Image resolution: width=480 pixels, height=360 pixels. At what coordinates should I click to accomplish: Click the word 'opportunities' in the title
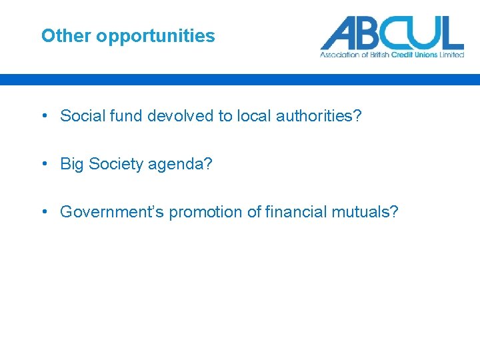coord(155,36)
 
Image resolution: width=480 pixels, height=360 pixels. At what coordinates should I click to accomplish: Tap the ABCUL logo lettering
coord(391,33)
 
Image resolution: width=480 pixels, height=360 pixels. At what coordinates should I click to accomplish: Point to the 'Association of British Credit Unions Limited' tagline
coord(391,55)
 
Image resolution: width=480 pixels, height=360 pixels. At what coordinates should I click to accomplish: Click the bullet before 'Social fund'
coord(43,116)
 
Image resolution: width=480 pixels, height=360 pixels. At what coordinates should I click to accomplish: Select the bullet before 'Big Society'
coord(43,164)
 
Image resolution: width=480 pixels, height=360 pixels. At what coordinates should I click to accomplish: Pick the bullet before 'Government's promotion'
coord(43,212)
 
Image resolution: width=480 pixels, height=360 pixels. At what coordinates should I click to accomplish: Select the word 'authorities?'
coord(319,116)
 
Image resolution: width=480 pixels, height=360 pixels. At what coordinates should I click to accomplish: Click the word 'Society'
coord(115,164)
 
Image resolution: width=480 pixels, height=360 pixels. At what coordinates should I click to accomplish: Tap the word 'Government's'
coord(112,212)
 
